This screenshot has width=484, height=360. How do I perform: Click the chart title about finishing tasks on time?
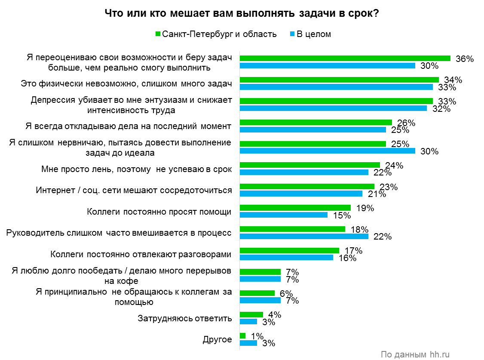(242, 13)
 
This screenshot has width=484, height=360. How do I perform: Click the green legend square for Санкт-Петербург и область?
(157, 34)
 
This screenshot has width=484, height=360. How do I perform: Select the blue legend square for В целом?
(292, 34)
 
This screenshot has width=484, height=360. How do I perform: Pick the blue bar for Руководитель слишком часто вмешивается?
(303, 236)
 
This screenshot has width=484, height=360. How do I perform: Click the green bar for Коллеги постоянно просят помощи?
(295, 208)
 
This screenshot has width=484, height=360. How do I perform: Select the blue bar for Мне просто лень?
(303, 172)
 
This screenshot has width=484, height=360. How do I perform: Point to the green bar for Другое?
(242, 335)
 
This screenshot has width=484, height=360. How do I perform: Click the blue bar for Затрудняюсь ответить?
(248, 321)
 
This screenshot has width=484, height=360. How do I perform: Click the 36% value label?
(464, 59)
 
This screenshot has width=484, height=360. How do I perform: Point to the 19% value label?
(365, 208)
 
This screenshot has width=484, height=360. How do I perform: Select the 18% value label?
(359, 229)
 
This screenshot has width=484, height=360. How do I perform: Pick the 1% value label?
(256, 336)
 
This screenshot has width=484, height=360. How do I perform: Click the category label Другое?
(217, 339)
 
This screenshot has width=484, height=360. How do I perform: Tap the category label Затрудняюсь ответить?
(185, 318)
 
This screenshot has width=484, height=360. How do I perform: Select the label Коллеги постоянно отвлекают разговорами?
(141, 254)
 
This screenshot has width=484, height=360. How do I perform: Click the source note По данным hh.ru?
(415, 354)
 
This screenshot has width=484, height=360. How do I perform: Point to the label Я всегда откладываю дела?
(129, 126)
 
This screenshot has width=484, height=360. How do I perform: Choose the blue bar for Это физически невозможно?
(336, 87)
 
